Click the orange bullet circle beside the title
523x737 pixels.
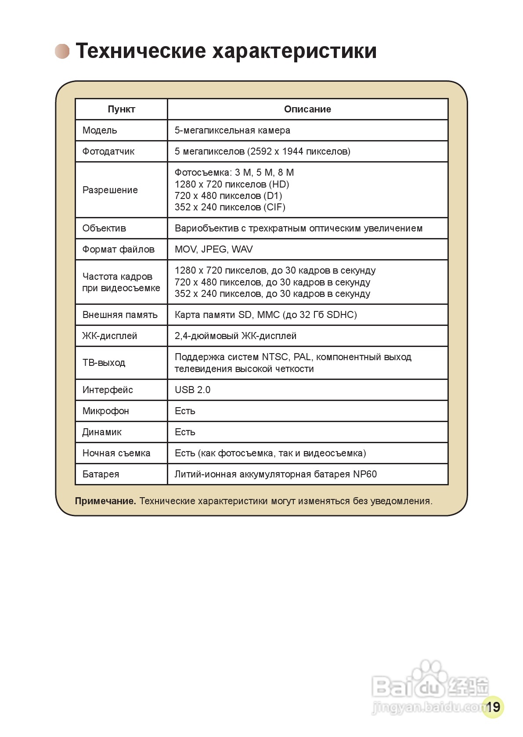pyautogui.click(x=62, y=51)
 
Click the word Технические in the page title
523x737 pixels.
pyautogui.click(x=141, y=51)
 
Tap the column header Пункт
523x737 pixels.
pyautogui.click(x=121, y=109)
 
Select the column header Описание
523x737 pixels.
pyautogui.click(x=307, y=109)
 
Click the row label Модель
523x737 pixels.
pyautogui.click(x=100, y=130)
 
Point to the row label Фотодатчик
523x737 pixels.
pyautogui.click(x=108, y=152)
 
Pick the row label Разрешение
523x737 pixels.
pyautogui.click(x=110, y=190)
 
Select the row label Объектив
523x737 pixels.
pyautogui.click(x=104, y=228)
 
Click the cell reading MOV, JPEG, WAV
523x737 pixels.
pyautogui.click(x=214, y=249)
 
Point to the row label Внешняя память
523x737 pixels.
pyautogui.click(x=120, y=315)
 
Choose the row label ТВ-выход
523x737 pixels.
pyautogui.click(x=104, y=363)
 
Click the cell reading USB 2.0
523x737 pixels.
pyautogui.click(x=192, y=390)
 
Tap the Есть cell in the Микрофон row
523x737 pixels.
pyautogui.click(x=185, y=411)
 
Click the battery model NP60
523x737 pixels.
pyautogui.click(x=365, y=474)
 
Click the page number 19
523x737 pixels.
pyautogui.click(x=493, y=707)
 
